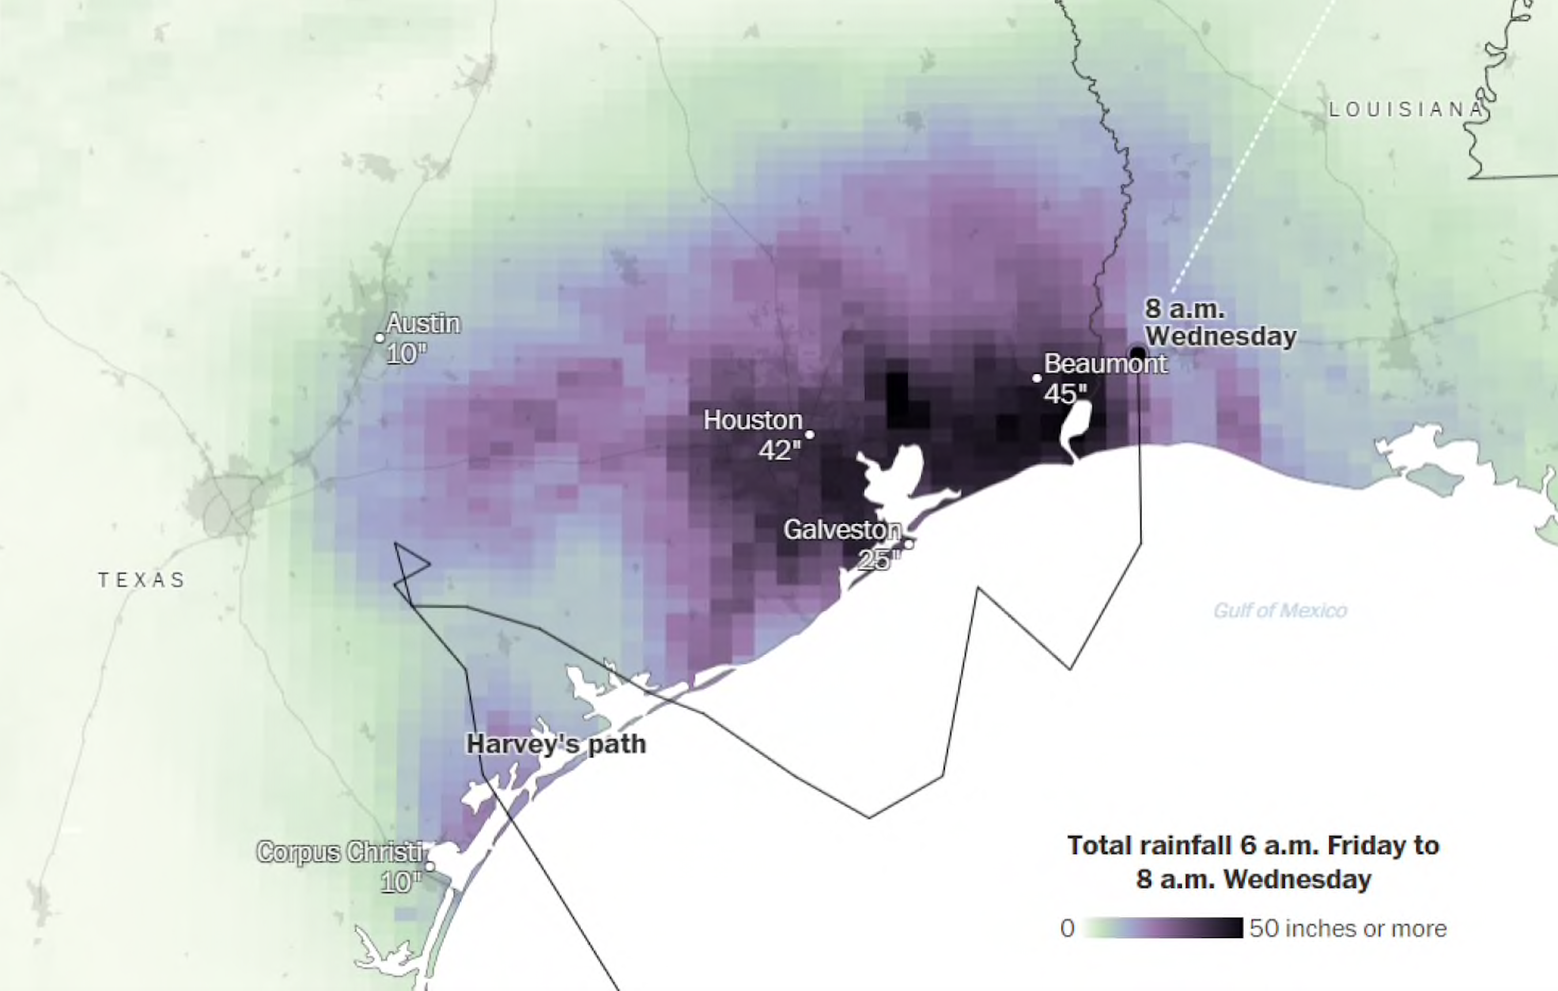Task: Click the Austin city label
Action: click(x=423, y=323)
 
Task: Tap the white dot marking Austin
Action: click(x=380, y=338)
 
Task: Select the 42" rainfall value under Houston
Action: click(x=780, y=450)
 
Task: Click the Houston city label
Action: click(x=752, y=421)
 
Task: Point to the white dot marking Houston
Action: click(x=810, y=434)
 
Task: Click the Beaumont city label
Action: click(x=1105, y=364)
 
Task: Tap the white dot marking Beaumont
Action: click(x=1037, y=379)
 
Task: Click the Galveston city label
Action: click(x=842, y=530)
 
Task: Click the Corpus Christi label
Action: click(x=341, y=852)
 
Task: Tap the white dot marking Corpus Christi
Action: click(x=430, y=866)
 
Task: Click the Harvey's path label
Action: click(x=556, y=744)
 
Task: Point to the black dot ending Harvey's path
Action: click(x=1137, y=353)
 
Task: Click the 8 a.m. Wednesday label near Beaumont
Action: click(x=1220, y=322)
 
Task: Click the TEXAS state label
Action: click(x=142, y=580)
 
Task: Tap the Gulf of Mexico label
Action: click(x=1279, y=610)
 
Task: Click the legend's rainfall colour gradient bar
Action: click(x=1162, y=928)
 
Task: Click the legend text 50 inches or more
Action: click(x=1348, y=928)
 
